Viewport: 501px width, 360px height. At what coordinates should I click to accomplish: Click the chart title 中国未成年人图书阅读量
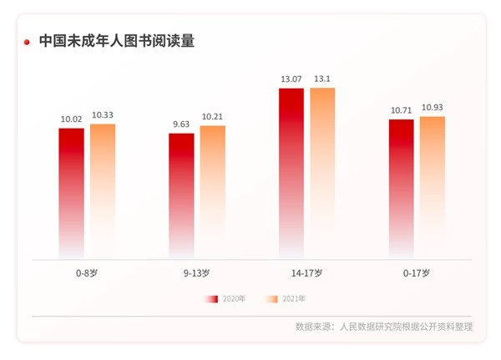pyautogui.click(x=117, y=40)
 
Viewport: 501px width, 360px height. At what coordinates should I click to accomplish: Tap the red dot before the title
pyautogui.click(x=28, y=41)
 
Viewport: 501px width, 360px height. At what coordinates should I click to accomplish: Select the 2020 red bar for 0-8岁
pyautogui.click(x=71, y=192)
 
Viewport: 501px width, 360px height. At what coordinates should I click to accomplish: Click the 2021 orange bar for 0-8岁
pyautogui.click(x=103, y=190)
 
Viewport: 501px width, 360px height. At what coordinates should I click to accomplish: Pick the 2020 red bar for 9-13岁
pyautogui.click(x=181, y=195)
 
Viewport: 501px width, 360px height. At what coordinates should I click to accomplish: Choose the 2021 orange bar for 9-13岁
pyautogui.click(x=213, y=191)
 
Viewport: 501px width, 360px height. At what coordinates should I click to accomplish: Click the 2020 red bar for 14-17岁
pyautogui.click(x=291, y=171)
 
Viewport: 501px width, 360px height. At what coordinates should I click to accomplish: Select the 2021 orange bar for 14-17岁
pyautogui.click(x=322, y=171)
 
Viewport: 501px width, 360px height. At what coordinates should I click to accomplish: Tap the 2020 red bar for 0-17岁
pyautogui.click(x=401, y=188)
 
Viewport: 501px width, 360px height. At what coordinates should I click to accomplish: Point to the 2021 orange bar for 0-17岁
pyautogui.click(x=433, y=186)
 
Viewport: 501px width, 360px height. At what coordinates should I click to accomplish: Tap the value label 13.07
pyautogui.click(x=291, y=79)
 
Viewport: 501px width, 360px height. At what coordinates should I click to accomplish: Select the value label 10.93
pyautogui.click(x=433, y=109)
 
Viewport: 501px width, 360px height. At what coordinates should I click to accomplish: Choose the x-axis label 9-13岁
pyautogui.click(x=197, y=272)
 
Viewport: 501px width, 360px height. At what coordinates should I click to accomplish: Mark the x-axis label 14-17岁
pyautogui.click(x=307, y=272)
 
